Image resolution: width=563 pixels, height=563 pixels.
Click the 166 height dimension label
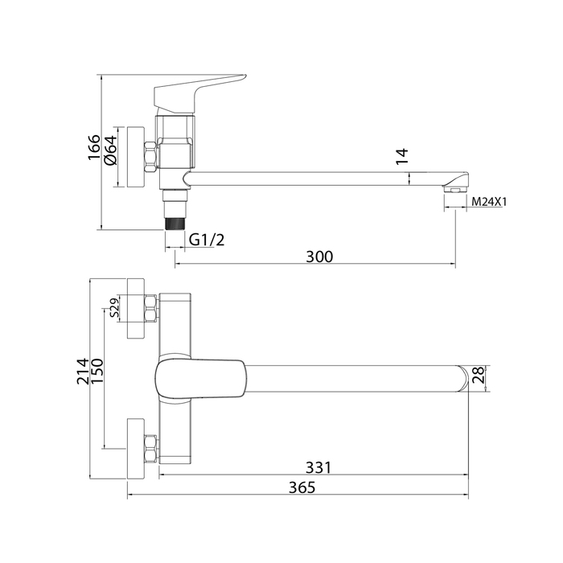pyautogui.click(x=94, y=148)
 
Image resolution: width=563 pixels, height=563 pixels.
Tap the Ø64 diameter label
pyautogui.click(x=111, y=150)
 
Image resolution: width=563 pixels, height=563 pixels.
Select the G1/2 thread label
pyautogui.click(x=207, y=240)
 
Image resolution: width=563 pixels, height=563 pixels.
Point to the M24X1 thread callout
pyautogui.click(x=489, y=202)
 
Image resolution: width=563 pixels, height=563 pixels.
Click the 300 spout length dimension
pyautogui.click(x=319, y=257)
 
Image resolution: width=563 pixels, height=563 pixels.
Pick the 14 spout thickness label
pyautogui.click(x=402, y=156)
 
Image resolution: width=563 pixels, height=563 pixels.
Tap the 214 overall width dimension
pyautogui.click(x=83, y=372)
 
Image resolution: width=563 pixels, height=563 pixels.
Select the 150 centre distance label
pyautogui.click(x=97, y=372)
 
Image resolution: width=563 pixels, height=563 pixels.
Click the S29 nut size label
pyautogui.click(x=113, y=308)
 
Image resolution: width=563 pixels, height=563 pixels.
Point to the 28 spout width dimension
pyautogui.click(x=479, y=376)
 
